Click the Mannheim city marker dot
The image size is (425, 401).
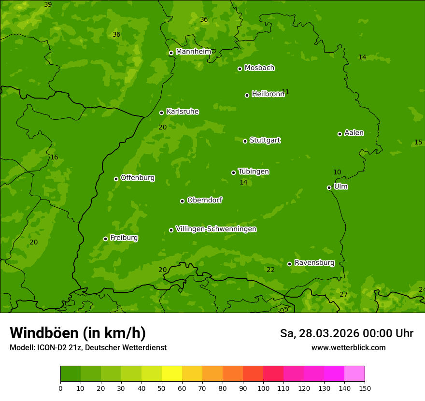click(171, 53)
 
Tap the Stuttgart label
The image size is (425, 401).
click(265, 140)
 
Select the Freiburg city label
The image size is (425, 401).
click(124, 238)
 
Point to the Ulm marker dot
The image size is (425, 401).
click(329, 187)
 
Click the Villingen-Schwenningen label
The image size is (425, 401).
click(216, 229)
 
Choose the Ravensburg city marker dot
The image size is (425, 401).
click(290, 264)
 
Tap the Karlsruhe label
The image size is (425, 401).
click(182, 112)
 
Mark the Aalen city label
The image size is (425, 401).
click(354, 133)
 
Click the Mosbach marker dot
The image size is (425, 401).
click(240, 69)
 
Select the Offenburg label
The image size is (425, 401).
click(138, 178)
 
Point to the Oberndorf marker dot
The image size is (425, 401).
click(182, 201)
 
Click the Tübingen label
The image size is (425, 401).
click(254, 172)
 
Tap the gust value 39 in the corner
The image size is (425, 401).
click(48, 5)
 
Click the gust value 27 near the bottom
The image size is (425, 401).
click(343, 294)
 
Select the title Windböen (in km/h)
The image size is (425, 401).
click(78, 333)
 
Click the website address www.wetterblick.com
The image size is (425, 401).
click(348, 347)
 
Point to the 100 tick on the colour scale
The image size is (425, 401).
click(263, 388)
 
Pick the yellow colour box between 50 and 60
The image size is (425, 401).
click(172, 374)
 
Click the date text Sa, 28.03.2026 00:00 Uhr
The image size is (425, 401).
click(346, 333)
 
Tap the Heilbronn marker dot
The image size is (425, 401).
click(247, 95)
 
